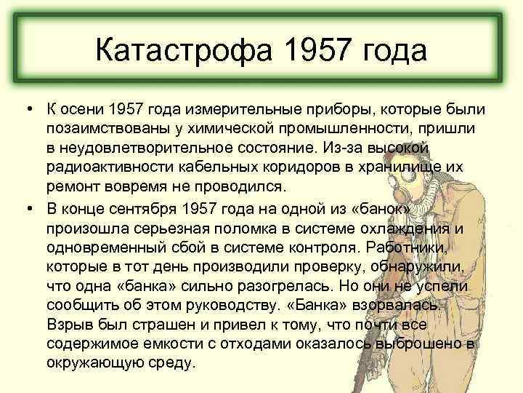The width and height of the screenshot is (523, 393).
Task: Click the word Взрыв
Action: pyautogui.click(x=68, y=326)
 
